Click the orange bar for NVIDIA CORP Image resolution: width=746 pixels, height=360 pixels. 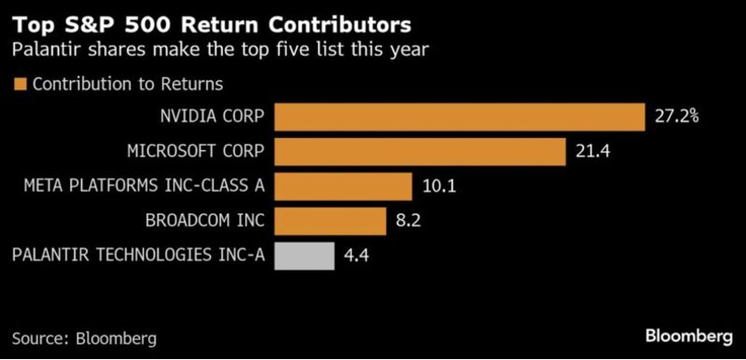[459, 117]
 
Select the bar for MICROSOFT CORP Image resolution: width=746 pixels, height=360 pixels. [419, 151]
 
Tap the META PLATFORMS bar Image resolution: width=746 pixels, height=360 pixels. [343, 186]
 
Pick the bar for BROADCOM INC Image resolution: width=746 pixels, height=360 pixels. [330, 221]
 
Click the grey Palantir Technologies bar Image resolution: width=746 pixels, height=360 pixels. [304, 255]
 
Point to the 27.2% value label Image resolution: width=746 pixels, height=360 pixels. [677, 117]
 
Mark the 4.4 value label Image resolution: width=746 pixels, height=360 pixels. [356, 255]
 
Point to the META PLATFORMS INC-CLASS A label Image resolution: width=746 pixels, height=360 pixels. [144, 186]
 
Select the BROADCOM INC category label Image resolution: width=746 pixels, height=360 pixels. [205, 221]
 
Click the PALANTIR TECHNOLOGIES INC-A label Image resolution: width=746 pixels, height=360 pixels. [137, 255]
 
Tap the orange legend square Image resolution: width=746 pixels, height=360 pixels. [19, 85]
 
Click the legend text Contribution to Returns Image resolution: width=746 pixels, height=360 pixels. [127, 85]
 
